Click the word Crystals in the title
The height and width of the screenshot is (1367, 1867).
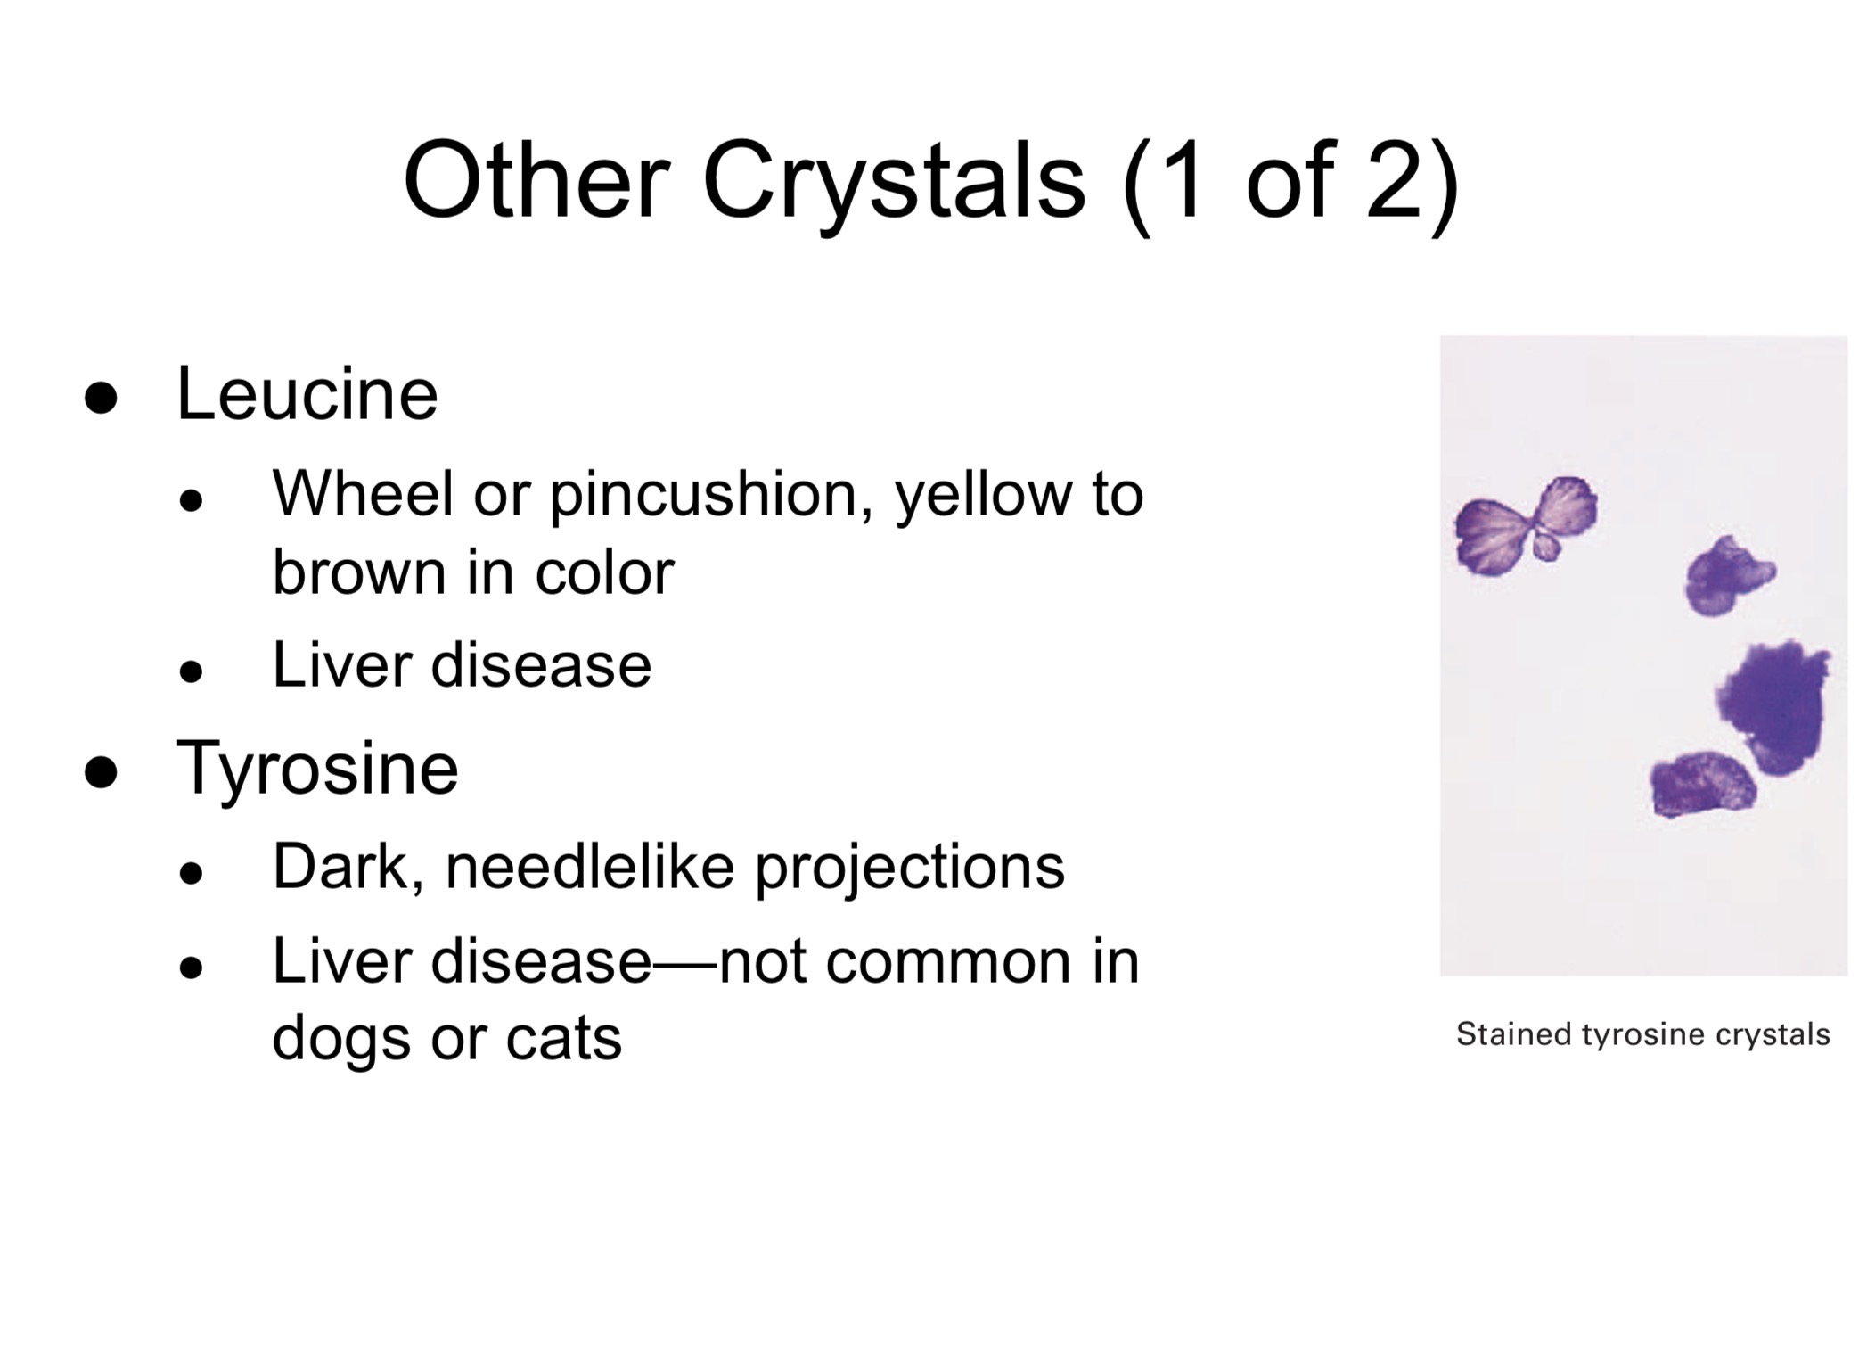(894, 181)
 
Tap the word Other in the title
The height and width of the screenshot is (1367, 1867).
(536, 181)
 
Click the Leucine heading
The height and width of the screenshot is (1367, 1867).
(307, 394)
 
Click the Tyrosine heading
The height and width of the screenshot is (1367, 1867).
(317, 768)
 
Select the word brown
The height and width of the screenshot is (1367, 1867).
(359, 572)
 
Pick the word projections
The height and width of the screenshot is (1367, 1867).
(909, 868)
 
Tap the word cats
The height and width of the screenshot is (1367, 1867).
(563, 1039)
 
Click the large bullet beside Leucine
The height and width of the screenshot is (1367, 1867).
(101, 398)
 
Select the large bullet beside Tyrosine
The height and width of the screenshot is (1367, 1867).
(101, 772)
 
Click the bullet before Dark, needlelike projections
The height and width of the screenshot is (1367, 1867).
(191, 873)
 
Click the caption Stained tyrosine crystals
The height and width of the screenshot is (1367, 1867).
(1642, 1034)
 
